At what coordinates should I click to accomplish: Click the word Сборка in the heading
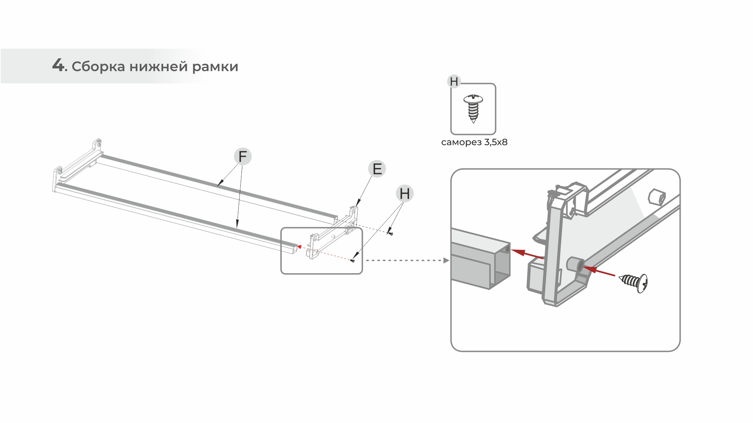click(x=98, y=66)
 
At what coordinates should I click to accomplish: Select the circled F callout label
click(x=242, y=157)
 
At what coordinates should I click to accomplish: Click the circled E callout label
click(x=377, y=169)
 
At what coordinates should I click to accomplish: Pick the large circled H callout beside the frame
click(x=405, y=194)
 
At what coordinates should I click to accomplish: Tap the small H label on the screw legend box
click(x=454, y=82)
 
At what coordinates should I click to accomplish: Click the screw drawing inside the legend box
click(x=473, y=108)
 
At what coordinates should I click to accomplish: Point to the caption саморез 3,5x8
click(x=474, y=142)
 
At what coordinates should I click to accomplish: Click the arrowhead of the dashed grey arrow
click(x=446, y=260)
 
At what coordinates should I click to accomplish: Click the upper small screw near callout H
click(x=390, y=233)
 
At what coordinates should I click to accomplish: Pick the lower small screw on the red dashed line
click(x=353, y=260)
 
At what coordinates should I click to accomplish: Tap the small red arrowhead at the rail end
click(x=299, y=246)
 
